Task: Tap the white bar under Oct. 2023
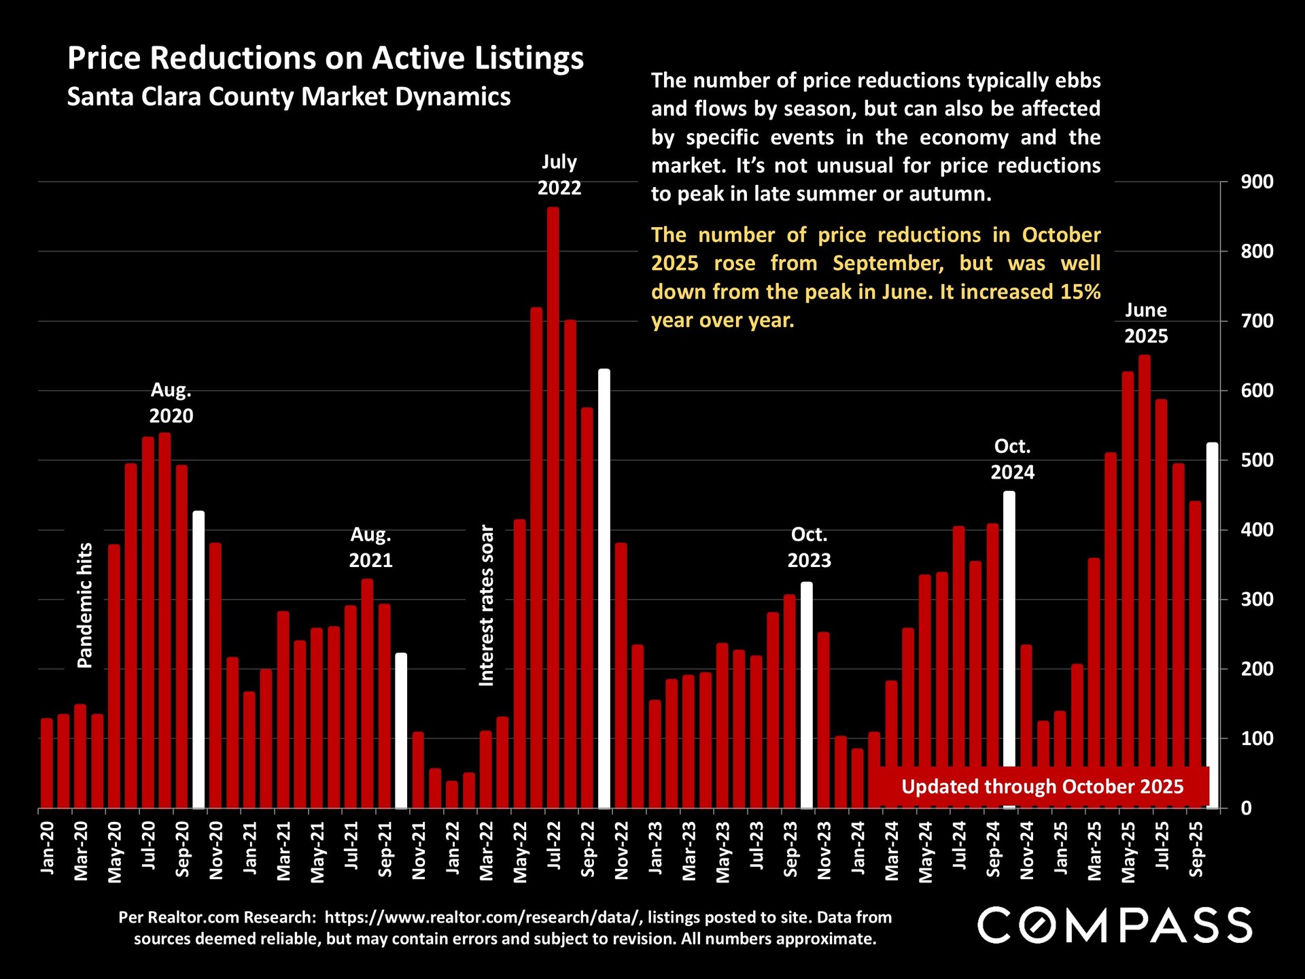pos(807,693)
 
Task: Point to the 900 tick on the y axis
pos(1257,182)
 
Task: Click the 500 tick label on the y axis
pos(1257,460)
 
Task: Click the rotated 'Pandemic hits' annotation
pos(85,605)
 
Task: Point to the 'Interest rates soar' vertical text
pos(487,605)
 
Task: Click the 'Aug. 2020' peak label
pos(171,402)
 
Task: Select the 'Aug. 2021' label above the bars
pos(370,547)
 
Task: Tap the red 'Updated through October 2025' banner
pos(1042,787)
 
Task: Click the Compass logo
pos(1115,925)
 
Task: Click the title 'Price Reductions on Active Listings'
pos(326,58)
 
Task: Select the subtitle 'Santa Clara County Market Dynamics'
pos(289,97)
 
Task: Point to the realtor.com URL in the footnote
pos(483,917)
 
